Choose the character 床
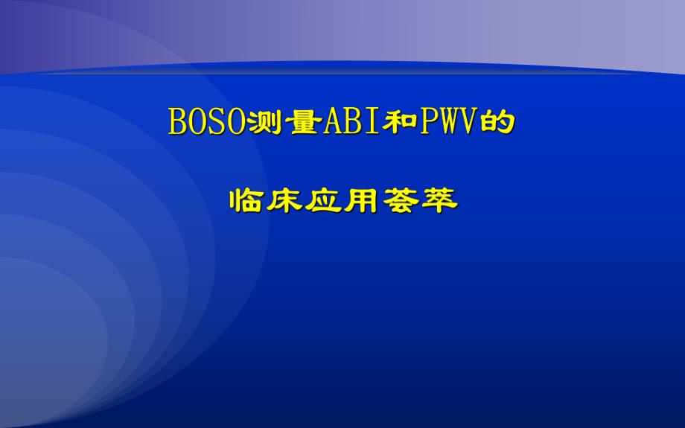tap(284, 199)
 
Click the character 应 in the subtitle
tap(322, 199)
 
